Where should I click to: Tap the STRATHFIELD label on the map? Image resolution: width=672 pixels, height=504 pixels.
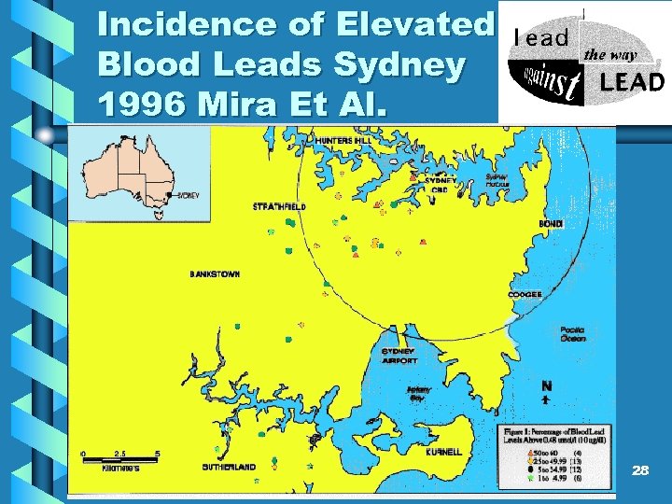pos(279,205)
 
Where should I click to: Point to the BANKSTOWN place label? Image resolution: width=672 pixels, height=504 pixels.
pos(215,274)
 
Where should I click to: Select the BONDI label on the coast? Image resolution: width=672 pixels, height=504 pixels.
pos(550,224)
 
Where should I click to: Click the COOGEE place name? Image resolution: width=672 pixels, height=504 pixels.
pos(525,295)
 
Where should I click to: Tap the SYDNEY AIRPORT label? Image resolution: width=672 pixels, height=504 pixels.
pos(399,354)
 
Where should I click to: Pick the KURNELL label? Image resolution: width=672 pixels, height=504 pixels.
pos(443,452)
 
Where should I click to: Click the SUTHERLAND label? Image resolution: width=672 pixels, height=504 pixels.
pos(229,467)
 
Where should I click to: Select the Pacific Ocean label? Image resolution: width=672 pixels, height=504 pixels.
pos(573,334)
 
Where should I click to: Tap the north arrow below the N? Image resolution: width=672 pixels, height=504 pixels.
pos(545,398)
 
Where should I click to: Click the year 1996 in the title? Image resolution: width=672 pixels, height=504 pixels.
pos(139,104)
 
